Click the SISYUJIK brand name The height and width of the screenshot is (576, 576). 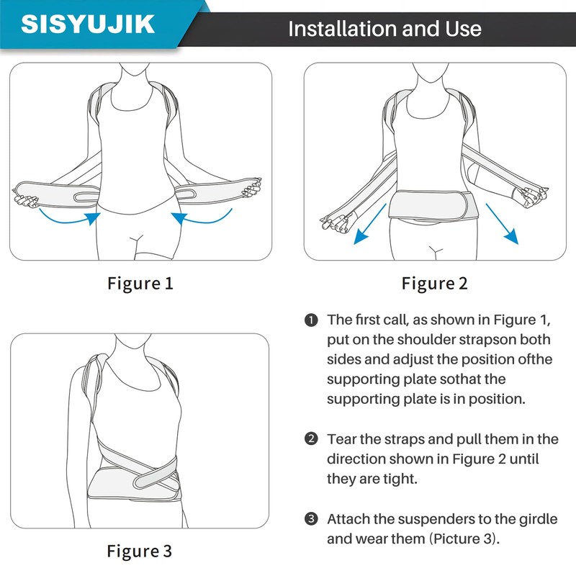pyautogui.click(x=88, y=24)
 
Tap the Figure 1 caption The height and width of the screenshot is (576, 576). pyautogui.click(x=140, y=283)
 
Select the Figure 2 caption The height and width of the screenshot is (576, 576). pyautogui.click(x=434, y=283)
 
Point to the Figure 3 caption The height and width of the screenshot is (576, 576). pyautogui.click(x=140, y=552)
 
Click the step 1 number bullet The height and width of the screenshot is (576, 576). pyautogui.click(x=311, y=320)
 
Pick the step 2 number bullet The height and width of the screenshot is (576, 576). pyautogui.click(x=311, y=438)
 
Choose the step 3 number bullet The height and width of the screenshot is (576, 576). pyautogui.click(x=311, y=518)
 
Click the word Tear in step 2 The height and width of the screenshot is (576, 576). pyautogui.click(x=342, y=438)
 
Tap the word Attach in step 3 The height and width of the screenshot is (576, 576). pyautogui.click(x=349, y=518)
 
